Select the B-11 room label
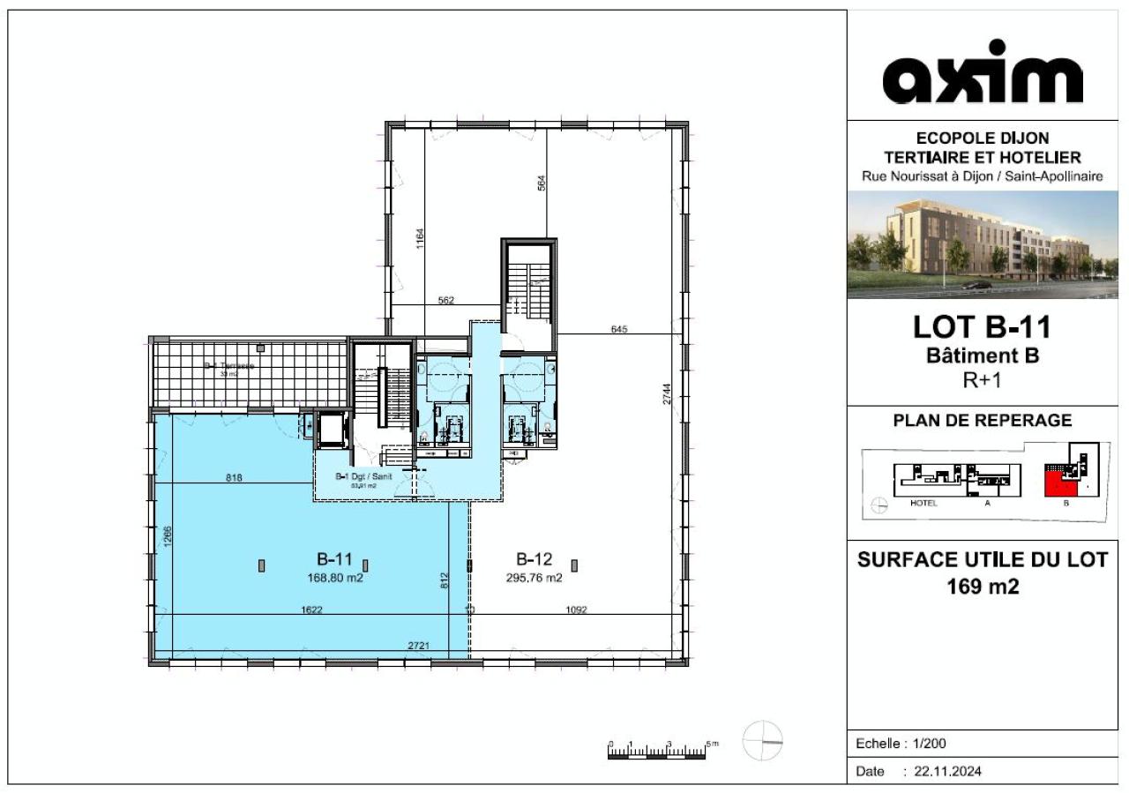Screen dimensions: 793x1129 coord(335,558)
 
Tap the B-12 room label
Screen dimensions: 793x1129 coord(534,558)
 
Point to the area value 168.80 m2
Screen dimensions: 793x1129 coord(335,579)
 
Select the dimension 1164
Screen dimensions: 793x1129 coord(421,239)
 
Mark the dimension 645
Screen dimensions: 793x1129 coord(619,330)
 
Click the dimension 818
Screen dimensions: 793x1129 coord(233,477)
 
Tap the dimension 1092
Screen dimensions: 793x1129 coord(576,609)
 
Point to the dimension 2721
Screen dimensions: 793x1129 coord(419,647)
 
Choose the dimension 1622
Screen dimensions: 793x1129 coord(310,609)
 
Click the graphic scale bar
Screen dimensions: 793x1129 coord(657,752)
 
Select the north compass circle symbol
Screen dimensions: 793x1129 coord(763,741)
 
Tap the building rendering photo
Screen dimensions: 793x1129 coord(983,245)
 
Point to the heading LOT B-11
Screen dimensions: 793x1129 coord(983,328)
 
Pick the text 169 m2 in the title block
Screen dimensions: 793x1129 coord(983,586)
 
